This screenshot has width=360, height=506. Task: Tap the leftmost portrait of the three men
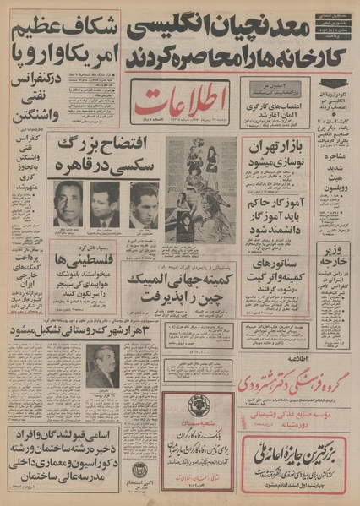click(68, 204)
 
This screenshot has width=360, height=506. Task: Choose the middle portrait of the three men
click(105, 204)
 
